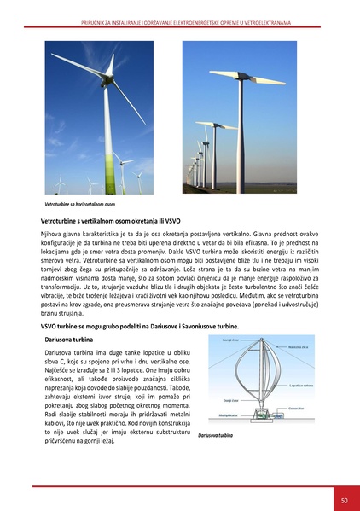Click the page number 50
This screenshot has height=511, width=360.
(342, 500)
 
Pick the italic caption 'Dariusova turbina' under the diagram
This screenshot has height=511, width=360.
(215, 434)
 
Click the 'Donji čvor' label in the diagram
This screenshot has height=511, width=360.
(230, 398)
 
